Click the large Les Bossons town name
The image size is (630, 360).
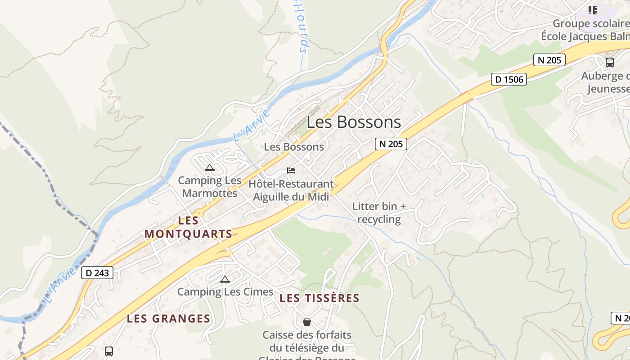coord(354,122)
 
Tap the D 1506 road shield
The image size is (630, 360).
coord(509,80)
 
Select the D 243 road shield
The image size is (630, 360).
coord(97,273)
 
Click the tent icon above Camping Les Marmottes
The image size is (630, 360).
coord(209,168)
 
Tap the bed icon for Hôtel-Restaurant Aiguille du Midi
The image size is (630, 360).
coord(291,171)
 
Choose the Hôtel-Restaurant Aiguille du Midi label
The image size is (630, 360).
coord(291,190)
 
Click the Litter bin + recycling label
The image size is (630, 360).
coord(379,213)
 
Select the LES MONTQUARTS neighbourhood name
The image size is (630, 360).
coord(189,227)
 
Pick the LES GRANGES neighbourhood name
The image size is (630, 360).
coord(168,319)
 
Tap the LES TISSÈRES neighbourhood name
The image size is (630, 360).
coord(319,298)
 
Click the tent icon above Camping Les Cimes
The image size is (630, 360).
coord(225,279)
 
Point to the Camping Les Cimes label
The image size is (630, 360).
coord(225,292)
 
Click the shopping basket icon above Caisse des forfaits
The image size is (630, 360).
coord(307,322)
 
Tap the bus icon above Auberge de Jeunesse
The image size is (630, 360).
coord(610,63)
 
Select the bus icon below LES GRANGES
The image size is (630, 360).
coord(109,351)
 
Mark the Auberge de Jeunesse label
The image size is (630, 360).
coord(605,82)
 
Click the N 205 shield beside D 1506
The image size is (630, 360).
coord(549,60)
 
